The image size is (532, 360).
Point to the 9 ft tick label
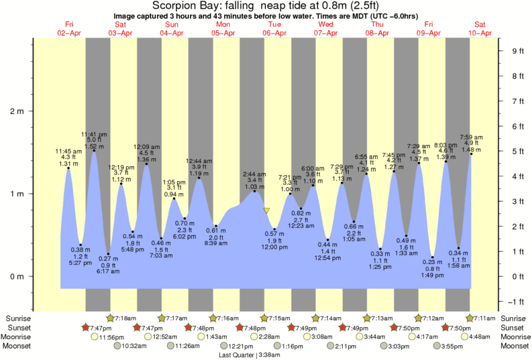pos(517,51)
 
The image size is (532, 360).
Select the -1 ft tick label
pos(516,300)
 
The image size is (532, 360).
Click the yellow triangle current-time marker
pos(267,211)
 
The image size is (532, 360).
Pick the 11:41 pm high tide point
pos(94,151)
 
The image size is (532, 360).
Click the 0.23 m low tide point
pos(433,257)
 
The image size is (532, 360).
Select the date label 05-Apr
pos(223,32)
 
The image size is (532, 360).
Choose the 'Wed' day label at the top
pos(327,24)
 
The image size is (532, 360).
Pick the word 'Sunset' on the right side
pos(514,327)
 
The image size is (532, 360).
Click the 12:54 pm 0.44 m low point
pos(328,239)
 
